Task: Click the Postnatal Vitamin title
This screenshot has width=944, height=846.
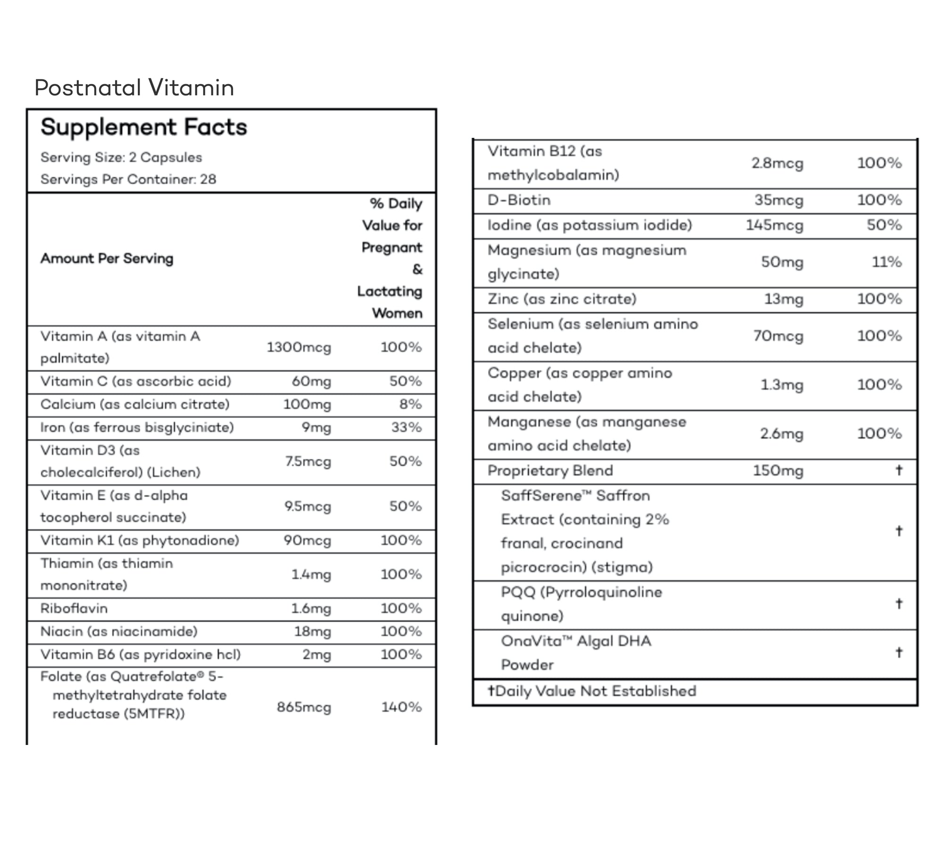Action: [x=134, y=88]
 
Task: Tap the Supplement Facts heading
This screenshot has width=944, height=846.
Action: [x=143, y=127]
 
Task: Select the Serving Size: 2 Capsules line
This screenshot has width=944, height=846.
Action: [x=121, y=157]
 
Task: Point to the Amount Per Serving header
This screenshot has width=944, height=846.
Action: [x=107, y=258]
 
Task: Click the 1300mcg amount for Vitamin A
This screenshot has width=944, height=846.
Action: [x=299, y=347]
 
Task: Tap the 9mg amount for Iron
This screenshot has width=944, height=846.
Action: [x=316, y=427]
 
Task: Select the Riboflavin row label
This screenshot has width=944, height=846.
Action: [x=74, y=608]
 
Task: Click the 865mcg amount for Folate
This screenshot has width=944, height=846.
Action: [x=304, y=707]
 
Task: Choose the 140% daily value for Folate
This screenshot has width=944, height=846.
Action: [x=401, y=707]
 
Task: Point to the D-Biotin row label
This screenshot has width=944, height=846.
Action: [x=519, y=200]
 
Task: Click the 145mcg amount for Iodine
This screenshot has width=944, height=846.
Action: [x=774, y=225]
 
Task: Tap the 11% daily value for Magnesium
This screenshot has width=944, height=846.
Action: [x=886, y=262]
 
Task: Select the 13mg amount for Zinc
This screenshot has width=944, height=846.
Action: [x=784, y=299]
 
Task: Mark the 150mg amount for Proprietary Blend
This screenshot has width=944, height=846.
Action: [x=778, y=471]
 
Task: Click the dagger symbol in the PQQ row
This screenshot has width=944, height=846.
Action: [x=899, y=603]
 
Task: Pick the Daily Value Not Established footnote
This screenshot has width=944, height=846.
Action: [x=592, y=691]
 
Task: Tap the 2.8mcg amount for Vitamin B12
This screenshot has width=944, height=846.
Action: [x=777, y=163]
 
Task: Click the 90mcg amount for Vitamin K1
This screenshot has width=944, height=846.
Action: [x=307, y=541]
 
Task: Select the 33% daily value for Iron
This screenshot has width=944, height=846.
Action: [x=406, y=427]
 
